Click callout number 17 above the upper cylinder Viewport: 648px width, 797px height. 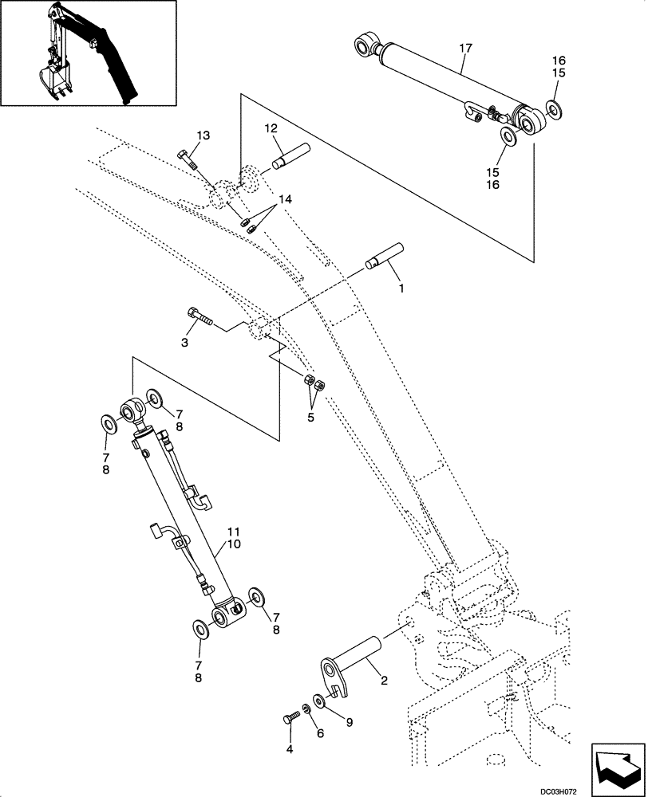pos(465,49)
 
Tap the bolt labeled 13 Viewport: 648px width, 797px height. pos(188,159)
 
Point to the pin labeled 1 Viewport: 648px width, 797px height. pos(385,256)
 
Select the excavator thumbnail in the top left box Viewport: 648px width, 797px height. pos(88,53)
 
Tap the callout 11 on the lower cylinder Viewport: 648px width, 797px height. pos(233,531)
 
